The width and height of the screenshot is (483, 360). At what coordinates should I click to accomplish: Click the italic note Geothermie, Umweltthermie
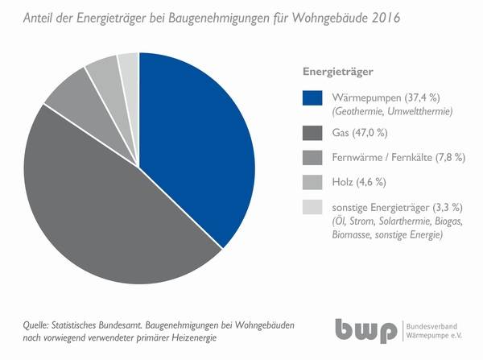tap(386, 110)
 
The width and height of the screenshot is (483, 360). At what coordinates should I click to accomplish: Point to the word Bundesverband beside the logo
tap(437, 326)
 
